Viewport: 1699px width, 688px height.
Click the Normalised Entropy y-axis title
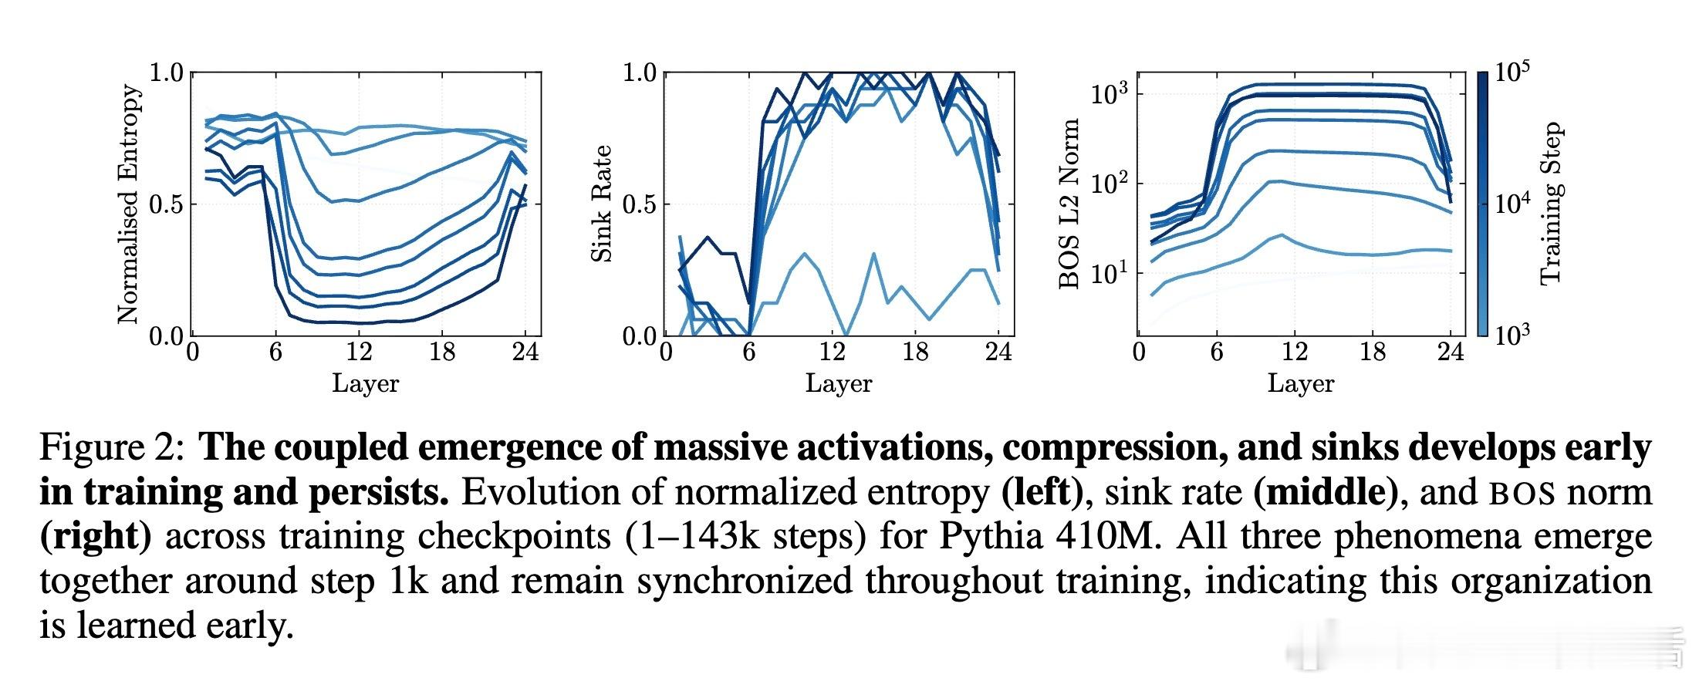(129, 204)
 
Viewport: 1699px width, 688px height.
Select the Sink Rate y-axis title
(602, 204)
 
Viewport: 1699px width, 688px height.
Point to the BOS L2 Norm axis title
(1069, 204)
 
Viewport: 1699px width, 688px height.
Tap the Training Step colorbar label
(1551, 204)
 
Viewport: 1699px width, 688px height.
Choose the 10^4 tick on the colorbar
(1512, 204)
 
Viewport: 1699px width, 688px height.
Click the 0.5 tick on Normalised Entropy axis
(166, 205)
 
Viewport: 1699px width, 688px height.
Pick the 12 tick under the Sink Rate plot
(832, 352)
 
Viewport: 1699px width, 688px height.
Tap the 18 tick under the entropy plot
(442, 352)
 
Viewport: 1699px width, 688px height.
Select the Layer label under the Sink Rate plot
(839, 383)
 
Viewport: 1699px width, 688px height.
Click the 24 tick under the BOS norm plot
(1451, 352)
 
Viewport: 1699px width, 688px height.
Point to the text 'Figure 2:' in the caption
(111, 448)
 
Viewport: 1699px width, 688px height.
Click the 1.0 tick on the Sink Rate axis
(640, 73)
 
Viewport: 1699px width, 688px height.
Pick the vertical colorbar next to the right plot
(1482, 204)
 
